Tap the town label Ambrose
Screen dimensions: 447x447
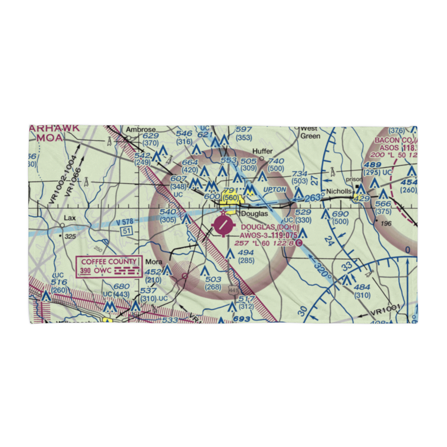point(140,130)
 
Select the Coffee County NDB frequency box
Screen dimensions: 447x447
point(109,266)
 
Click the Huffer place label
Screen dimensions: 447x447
point(262,152)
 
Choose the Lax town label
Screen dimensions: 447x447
point(69,218)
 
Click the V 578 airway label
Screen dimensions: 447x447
point(125,222)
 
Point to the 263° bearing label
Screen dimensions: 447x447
point(315,197)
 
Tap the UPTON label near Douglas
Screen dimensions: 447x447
point(274,190)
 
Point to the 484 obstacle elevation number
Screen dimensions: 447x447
point(362,287)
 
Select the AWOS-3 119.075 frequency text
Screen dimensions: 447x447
point(268,235)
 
